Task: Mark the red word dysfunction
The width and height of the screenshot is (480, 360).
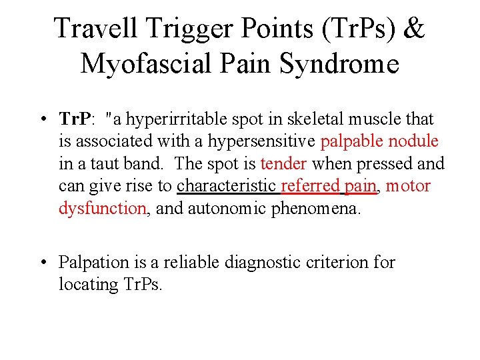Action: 103,208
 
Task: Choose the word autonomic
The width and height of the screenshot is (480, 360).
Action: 223,208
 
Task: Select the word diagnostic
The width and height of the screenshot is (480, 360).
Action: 257,263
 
